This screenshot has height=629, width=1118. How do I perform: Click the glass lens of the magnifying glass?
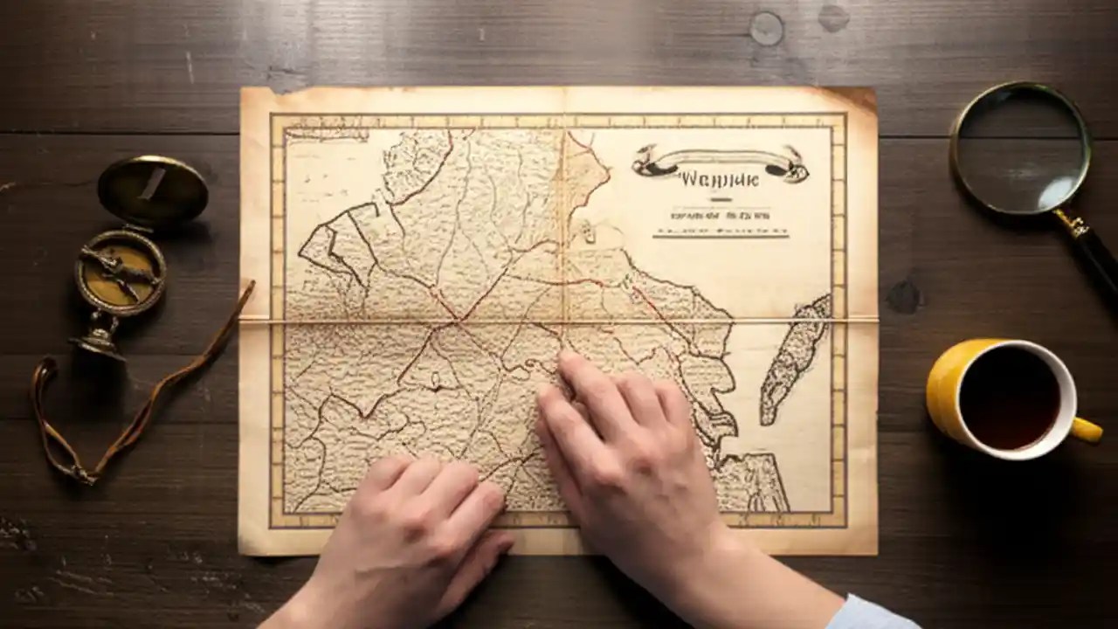tap(1019, 149)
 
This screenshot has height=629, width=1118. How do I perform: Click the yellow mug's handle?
tap(1086, 430)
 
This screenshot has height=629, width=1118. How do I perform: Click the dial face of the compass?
tap(120, 272)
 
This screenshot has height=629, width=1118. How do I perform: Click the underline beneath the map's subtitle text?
tap(720, 233)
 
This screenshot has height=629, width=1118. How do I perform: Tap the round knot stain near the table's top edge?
tap(766, 28)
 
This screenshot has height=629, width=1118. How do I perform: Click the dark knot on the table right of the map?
tap(905, 296)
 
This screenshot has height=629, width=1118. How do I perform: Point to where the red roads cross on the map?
tap(458, 321)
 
